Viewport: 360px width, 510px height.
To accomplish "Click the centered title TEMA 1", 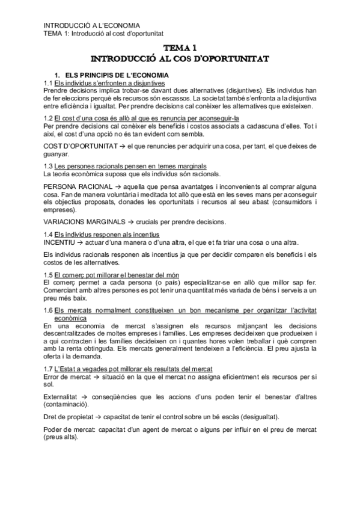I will click(x=180, y=48).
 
